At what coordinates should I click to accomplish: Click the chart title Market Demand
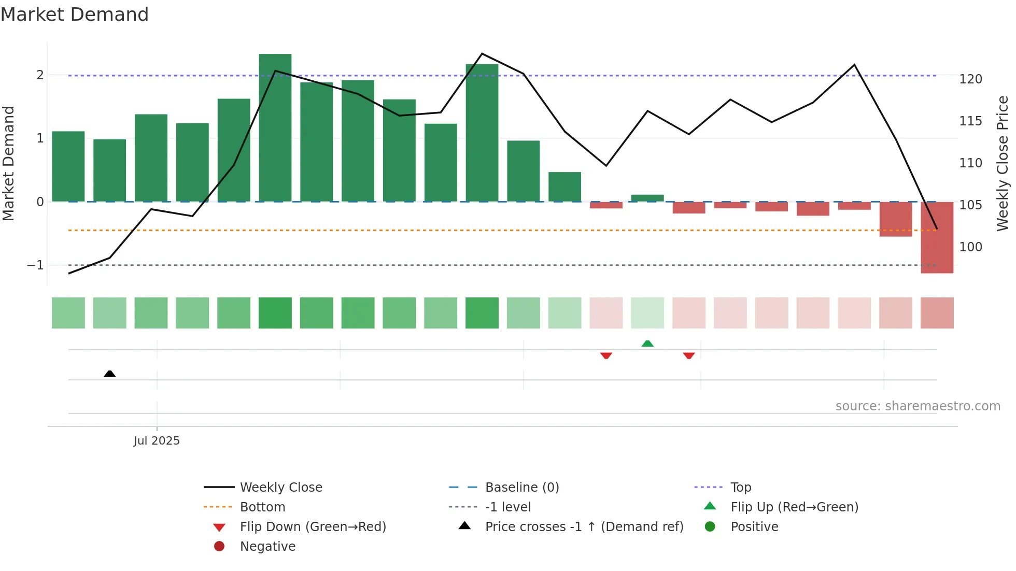[x=75, y=15]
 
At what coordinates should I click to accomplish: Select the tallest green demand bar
[x=275, y=127]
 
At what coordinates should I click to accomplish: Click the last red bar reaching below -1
[x=937, y=237]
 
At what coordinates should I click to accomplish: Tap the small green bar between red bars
[x=647, y=198]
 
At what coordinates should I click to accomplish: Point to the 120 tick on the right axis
[x=970, y=79]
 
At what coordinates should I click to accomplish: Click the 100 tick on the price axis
[x=970, y=247]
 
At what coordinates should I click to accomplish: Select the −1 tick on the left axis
[x=36, y=265]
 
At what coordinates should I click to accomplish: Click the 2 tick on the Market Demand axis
[x=40, y=75]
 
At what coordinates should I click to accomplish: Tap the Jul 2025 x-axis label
[x=157, y=441]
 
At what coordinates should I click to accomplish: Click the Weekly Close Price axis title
[x=1003, y=163]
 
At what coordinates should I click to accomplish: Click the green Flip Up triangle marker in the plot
[x=647, y=344]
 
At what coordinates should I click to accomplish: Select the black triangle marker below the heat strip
[x=109, y=374]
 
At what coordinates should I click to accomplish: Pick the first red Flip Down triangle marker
[x=606, y=355]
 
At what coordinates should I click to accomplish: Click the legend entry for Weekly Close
[x=280, y=488]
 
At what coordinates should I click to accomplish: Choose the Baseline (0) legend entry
[x=521, y=488]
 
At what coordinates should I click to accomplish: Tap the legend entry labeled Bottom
[x=262, y=507]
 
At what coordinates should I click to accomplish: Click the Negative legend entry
[x=267, y=547]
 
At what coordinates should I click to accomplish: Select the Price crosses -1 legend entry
[x=584, y=527]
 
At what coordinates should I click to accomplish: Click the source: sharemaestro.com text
[x=918, y=406]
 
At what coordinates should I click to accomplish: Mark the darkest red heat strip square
[x=937, y=313]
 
